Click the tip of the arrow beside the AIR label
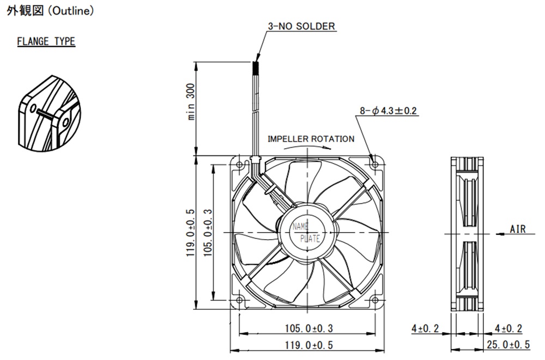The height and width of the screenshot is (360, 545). tap(495, 234)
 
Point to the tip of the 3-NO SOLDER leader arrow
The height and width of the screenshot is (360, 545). tap(257, 62)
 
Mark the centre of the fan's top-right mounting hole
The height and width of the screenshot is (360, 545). tap(375, 164)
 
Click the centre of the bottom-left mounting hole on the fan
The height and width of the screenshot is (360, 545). tap(239, 300)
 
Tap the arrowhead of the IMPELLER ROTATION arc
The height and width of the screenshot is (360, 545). tap(331, 148)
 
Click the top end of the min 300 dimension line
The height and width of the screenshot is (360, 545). tap(197, 62)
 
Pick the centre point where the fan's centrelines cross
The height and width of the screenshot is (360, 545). tap(307, 232)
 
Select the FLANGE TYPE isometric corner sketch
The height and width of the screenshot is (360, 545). tap(49, 113)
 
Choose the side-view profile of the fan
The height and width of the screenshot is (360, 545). tap(467, 234)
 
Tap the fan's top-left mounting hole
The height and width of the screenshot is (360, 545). tap(239, 164)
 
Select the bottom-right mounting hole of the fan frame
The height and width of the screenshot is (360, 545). tap(375, 300)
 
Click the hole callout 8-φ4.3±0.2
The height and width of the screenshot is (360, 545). tap(388, 111)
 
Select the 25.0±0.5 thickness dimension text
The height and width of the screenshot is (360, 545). tap(508, 345)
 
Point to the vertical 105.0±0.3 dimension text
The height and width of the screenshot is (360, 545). tap(208, 233)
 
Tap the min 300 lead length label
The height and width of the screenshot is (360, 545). tap(191, 101)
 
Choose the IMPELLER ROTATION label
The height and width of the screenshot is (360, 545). tap(311, 139)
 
